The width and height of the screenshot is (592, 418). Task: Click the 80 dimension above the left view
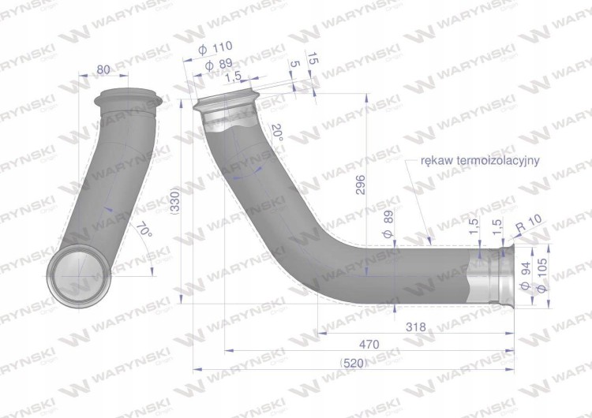[x=103, y=69]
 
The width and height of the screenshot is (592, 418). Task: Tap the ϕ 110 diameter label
[x=215, y=48]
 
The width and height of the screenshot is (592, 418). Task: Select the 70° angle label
[x=144, y=230]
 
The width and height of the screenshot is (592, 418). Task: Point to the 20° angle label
[x=277, y=132]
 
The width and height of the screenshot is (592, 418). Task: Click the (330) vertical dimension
[x=177, y=201]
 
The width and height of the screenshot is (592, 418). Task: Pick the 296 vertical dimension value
[x=361, y=185]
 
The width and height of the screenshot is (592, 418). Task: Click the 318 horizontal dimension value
[x=416, y=327]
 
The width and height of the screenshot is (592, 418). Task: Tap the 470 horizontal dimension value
[x=369, y=345]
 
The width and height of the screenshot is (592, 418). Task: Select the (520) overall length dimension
[x=354, y=364]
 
